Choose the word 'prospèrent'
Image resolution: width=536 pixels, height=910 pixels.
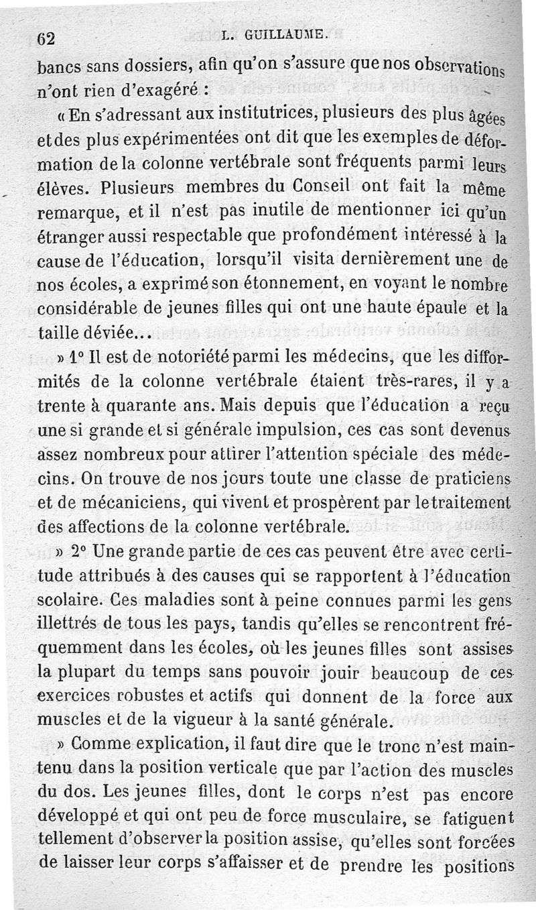tap(324, 504)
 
